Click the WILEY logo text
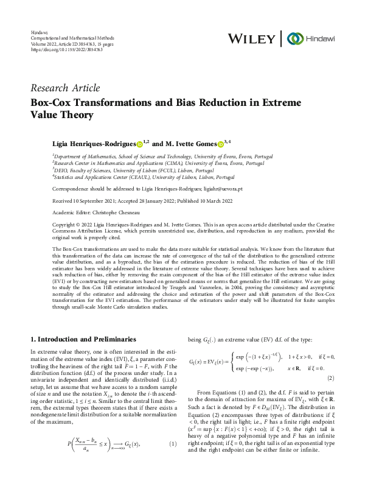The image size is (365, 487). (251, 38)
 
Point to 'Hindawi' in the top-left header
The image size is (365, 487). (38, 31)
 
